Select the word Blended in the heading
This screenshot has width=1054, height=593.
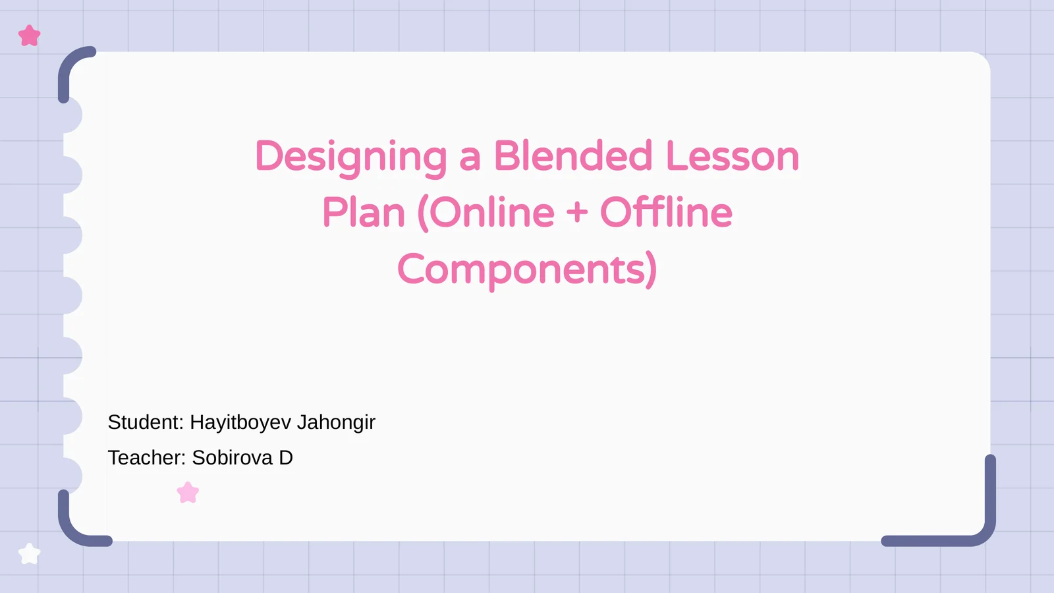coord(573,156)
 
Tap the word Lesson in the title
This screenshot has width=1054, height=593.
coord(732,156)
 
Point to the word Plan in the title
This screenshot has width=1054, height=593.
coord(364,213)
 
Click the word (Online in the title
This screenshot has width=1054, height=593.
coord(486,213)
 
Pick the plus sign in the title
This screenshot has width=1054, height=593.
coord(577,213)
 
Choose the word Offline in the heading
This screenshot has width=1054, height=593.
coord(666,213)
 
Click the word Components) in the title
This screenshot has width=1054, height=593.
coord(527,269)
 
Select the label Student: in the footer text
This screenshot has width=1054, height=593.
coord(146,422)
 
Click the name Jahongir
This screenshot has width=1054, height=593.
coord(336,422)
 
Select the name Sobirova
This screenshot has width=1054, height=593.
coord(232,458)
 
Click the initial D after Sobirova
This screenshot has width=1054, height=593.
coord(286,458)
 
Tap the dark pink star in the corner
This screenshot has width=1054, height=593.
coord(30,36)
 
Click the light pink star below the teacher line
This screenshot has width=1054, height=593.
coord(188,493)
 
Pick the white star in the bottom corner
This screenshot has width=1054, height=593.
coord(30,554)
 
